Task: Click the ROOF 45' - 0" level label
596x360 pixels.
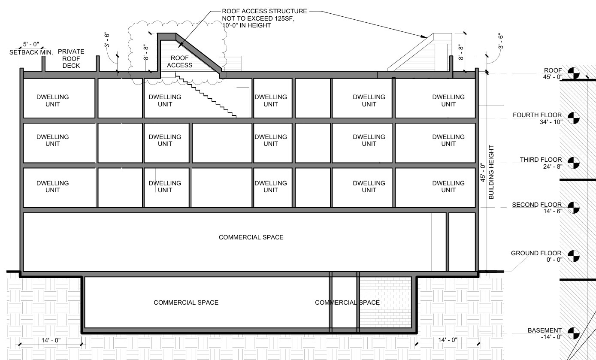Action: [553, 74]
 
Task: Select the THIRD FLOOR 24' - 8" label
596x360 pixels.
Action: [541, 163]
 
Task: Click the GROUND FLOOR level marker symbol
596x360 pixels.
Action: [573, 256]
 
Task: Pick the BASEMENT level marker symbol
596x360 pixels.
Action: [573, 333]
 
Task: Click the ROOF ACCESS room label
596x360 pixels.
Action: [180, 61]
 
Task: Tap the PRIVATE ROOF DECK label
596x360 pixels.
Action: [71, 58]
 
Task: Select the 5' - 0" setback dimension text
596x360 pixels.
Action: [31, 44]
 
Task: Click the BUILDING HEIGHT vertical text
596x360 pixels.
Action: [491, 172]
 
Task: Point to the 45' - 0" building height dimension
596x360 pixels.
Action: [483, 172]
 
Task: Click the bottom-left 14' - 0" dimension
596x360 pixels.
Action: [51, 340]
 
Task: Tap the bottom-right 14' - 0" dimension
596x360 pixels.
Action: [448, 340]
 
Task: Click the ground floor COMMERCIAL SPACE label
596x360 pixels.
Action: [251, 237]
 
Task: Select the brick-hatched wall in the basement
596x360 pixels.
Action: [385, 303]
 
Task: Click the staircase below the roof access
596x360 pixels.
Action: [206, 96]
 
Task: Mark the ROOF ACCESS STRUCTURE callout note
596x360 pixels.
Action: [264, 18]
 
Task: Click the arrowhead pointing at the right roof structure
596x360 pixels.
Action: [424, 36]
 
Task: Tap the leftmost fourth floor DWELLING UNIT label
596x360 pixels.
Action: [53, 100]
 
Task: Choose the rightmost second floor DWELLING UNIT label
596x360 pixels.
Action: [448, 187]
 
